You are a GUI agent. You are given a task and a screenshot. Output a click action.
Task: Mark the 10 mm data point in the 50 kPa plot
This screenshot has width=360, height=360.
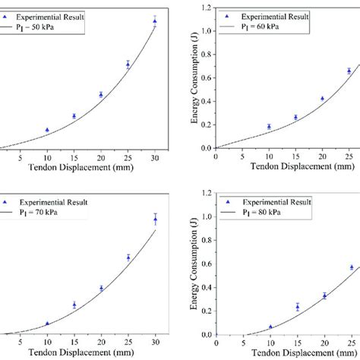[x=47, y=130]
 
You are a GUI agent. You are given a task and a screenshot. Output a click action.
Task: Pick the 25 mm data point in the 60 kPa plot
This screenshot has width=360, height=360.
[x=349, y=71]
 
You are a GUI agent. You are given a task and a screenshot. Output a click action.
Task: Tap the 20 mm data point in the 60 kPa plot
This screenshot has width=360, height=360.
[x=322, y=98]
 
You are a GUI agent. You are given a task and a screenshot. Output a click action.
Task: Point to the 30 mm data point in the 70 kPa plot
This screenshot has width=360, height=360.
[x=155, y=220]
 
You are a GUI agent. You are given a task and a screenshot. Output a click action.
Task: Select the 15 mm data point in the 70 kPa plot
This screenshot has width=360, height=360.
[x=74, y=305]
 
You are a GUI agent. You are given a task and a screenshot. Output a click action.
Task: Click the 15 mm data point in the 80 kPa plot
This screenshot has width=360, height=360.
[x=297, y=307]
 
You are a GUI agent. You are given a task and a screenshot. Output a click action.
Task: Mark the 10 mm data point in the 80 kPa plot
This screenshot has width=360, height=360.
[x=270, y=327]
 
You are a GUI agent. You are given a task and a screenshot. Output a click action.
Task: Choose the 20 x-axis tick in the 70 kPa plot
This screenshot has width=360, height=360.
[x=101, y=343]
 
